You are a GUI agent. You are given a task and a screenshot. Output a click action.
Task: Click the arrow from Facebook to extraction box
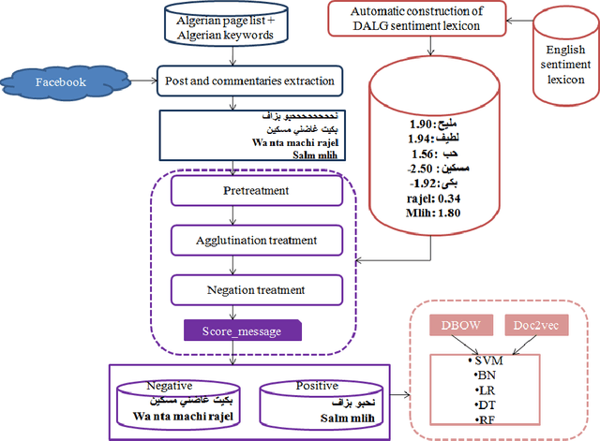(133, 81)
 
